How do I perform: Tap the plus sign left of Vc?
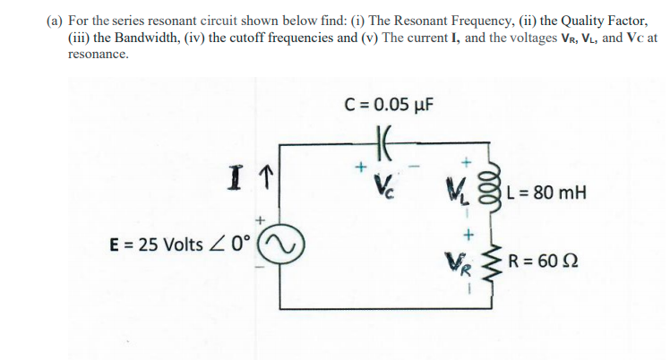[360, 167]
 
